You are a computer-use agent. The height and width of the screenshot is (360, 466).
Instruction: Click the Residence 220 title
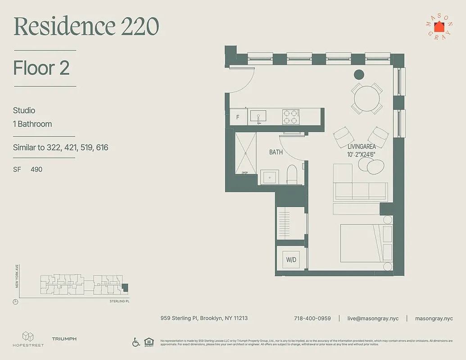click(86, 27)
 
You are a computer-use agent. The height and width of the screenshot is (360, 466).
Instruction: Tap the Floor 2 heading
click(41, 68)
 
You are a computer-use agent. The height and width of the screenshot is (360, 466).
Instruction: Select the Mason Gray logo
click(439, 27)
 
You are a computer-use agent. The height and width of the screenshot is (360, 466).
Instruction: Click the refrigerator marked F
click(238, 117)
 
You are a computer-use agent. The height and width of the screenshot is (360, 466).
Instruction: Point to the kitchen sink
click(258, 117)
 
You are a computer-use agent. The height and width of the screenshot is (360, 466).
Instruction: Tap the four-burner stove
click(291, 117)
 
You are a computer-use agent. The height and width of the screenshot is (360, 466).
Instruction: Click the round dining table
click(367, 99)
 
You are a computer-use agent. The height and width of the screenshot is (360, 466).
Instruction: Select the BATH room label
click(276, 152)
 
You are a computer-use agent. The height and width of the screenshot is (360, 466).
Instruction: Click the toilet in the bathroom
click(292, 175)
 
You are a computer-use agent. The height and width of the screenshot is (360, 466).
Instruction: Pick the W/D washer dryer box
click(291, 260)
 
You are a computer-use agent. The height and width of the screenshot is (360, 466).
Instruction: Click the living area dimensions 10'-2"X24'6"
click(362, 154)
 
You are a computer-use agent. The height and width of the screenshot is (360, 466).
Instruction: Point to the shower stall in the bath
click(245, 153)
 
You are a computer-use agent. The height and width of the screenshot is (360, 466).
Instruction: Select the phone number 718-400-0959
click(312, 318)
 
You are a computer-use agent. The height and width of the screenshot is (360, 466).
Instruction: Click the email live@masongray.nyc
click(373, 318)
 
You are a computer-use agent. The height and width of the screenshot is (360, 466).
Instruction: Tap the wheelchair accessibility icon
click(136, 342)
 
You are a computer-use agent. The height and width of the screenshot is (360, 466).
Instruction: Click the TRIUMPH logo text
click(64, 339)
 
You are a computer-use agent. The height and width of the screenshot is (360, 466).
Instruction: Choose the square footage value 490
click(36, 170)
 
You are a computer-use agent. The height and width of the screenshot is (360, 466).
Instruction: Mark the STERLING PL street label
click(119, 301)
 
